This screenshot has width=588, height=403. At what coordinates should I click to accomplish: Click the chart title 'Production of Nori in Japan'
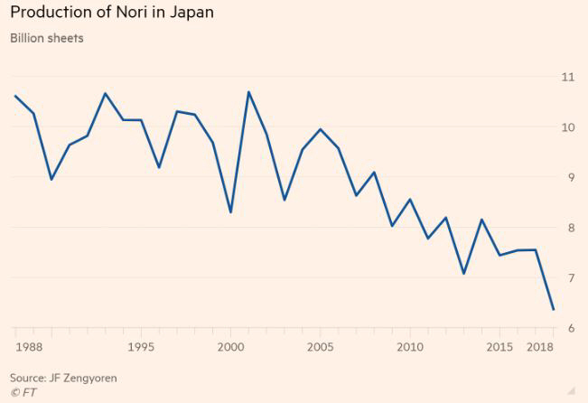(112, 14)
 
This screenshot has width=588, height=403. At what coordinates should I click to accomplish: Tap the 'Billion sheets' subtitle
(46, 38)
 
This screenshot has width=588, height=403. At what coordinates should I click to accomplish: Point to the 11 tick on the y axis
(567, 77)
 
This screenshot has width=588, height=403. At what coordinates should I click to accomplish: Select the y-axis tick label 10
(567, 127)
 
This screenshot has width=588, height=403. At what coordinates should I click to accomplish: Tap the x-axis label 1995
(141, 347)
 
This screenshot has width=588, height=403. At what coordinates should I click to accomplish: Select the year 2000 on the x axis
(230, 347)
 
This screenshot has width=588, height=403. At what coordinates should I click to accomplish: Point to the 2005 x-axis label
(320, 347)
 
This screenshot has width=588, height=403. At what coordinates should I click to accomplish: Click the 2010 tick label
(410, 347)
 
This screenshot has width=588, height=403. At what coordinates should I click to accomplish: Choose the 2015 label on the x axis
(499, 347)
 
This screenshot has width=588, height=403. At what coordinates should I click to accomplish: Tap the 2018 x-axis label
(540, 347)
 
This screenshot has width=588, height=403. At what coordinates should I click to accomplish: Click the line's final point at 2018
(553, 310)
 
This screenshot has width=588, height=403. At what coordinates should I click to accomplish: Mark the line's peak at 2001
(248, 92)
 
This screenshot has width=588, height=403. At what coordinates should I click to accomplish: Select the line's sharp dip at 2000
(230, 212)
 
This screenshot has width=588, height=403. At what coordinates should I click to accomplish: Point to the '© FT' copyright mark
(23, 391)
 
